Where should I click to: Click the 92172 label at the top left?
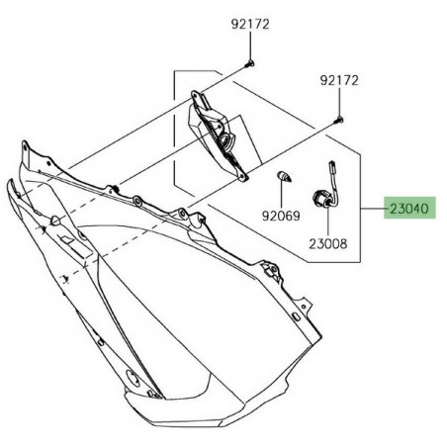tap(250, 23)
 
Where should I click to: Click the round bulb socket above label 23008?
tap(322, 196)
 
